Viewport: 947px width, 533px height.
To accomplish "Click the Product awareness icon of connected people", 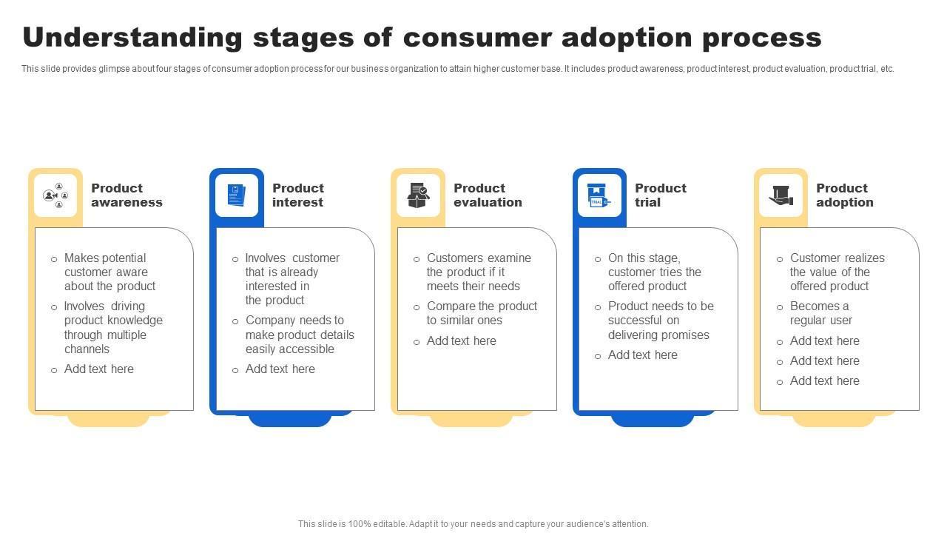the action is pyautogui.click(x=55, y=195).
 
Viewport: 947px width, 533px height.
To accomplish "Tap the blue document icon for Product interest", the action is pyautogui.click(x=236, y=195).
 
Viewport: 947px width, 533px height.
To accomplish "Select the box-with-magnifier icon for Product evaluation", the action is pyautogui.click(x=418, y=195).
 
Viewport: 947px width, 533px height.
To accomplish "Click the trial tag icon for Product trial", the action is pyautogui.click(x=599, y=195).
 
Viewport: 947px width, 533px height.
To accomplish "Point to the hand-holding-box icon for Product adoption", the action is pyautogui.click(x=781, y=195).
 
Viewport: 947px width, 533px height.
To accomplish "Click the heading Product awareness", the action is pyautogui.click(x=127, y=195).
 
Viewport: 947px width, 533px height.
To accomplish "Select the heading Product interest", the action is pyautogui.click(x=298, y=195).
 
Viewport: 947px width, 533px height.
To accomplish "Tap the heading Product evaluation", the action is pyautogui.click(x=488, y=195).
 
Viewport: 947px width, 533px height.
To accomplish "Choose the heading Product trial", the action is pyautogui.click(x=661, y=195).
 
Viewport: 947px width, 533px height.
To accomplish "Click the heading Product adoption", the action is pyautogui.click(x=845, y=195).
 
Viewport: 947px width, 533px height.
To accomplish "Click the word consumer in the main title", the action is pyautogui.click(x=478, y=38).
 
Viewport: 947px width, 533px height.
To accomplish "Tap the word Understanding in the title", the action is pyautogui.click(x=132, y=37).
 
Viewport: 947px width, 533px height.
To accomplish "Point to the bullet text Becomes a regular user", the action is pyautogui.click(x=821, y=313).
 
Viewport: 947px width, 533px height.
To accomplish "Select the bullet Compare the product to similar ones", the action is pyautogui.click(x=482, y=313).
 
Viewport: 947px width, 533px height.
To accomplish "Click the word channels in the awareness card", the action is pyautogui.click(x=87, y=349).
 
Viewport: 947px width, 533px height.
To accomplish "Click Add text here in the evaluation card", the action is pyautogui.click(x=461, y=341).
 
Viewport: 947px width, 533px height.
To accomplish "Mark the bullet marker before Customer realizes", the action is pyautogui.click(x=780, y=259).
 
